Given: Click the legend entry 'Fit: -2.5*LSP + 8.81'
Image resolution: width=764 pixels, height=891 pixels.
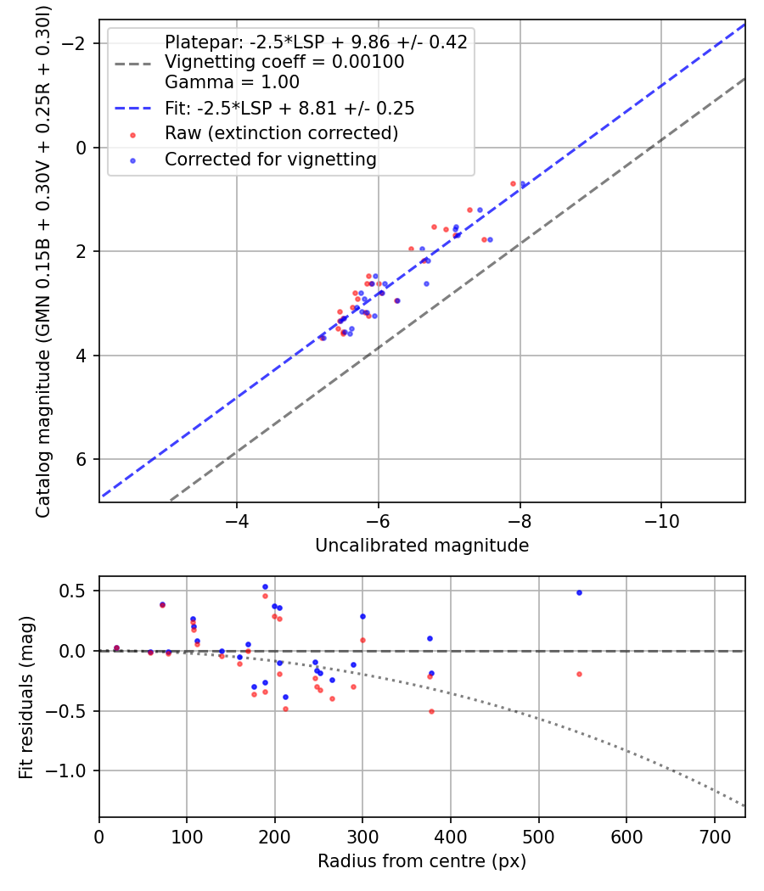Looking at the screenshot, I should click(289, 109).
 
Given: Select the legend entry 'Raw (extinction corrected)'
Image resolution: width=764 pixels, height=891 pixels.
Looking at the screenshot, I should click(281, 133).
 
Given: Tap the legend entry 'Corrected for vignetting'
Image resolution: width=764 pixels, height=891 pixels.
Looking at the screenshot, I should click(270, 159).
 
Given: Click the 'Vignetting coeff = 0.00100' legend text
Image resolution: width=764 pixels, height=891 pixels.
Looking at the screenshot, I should click(284, 62).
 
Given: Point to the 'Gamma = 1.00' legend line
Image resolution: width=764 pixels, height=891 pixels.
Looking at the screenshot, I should click(232, 82).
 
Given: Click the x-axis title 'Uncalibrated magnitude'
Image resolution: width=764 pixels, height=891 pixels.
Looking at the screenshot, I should click(422, 546).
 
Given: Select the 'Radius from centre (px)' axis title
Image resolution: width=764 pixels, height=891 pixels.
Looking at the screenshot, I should click(422, 861).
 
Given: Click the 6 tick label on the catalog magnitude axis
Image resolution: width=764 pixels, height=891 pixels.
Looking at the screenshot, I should click(81, 459).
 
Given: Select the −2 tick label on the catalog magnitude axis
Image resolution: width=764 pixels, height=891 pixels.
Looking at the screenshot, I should click(76, 43).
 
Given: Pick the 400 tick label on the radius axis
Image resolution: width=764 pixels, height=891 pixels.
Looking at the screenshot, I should click(451, 836).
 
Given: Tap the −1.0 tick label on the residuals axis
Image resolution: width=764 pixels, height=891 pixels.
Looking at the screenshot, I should click(70, 771).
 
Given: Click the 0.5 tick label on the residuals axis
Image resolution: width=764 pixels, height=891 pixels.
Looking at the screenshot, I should click(76, 591).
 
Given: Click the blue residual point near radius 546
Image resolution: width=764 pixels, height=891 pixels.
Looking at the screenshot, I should click(579, 592).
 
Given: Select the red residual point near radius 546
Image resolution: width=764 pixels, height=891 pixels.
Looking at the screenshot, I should click(579, 674).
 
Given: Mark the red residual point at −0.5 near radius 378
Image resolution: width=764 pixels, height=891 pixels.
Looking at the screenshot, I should click(431, 711).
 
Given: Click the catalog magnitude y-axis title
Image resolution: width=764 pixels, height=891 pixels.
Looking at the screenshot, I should click(43, 263).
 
